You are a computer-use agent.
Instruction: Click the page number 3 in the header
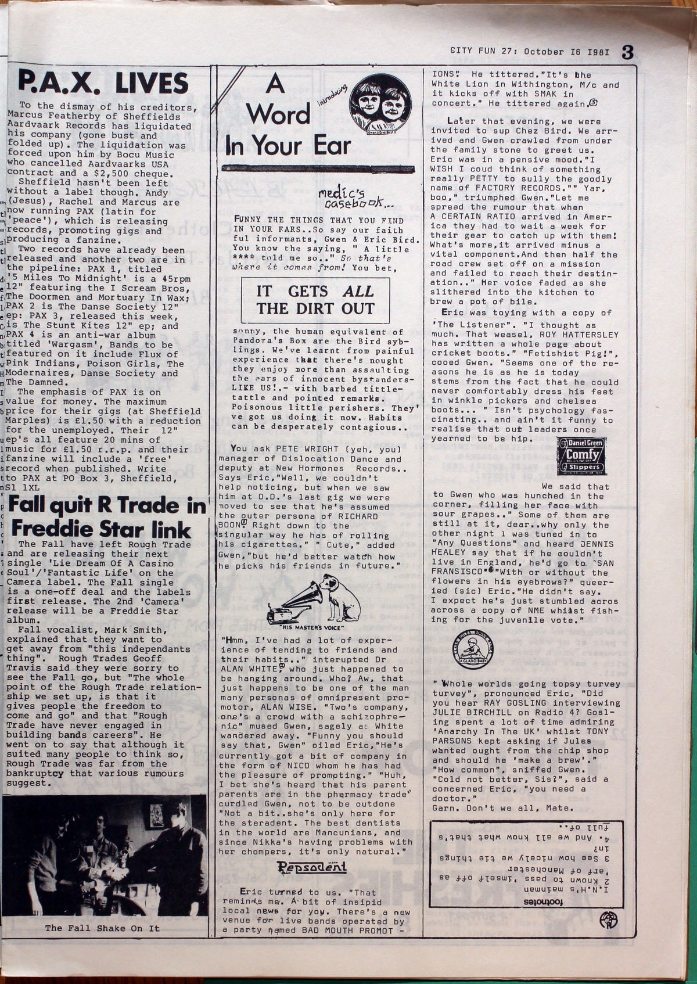click(x=627, y=52)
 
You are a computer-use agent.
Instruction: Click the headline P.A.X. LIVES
click(x=103, y=83)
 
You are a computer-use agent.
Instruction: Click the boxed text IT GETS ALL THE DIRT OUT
click(x=315, y=300)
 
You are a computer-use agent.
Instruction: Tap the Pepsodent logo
click(x=311, y=868)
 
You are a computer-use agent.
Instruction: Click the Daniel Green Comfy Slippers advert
click(x=581, y=457)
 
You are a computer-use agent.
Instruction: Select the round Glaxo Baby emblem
click(x=472, y=649)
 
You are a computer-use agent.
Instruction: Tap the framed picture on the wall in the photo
click(x=156, y=816)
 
